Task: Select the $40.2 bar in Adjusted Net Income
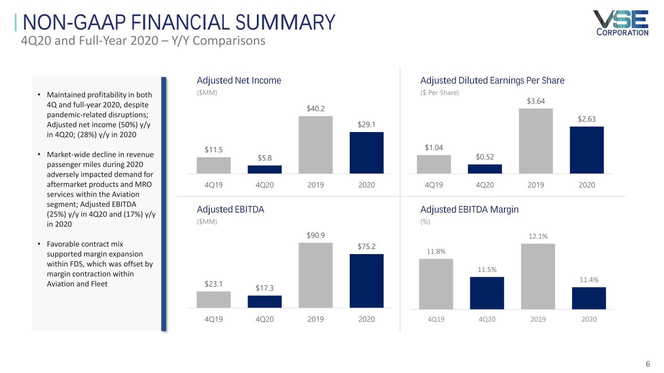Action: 316,144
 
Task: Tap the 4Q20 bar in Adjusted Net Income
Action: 265,169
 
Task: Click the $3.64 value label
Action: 536,101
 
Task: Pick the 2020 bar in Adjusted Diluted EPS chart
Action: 587,150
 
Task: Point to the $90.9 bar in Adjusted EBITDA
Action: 316,275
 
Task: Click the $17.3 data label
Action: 265,288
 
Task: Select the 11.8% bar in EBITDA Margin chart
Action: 436,284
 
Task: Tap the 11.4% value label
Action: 589,280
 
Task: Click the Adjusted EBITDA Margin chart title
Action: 469,210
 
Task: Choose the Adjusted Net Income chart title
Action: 239,81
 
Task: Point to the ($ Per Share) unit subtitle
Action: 439,92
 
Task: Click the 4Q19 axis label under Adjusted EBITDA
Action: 214,319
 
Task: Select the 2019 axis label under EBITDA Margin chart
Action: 538,319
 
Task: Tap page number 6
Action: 647,364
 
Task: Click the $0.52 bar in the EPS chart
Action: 485,169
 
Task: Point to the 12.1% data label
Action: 538,236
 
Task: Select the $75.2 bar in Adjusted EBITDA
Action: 367,280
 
